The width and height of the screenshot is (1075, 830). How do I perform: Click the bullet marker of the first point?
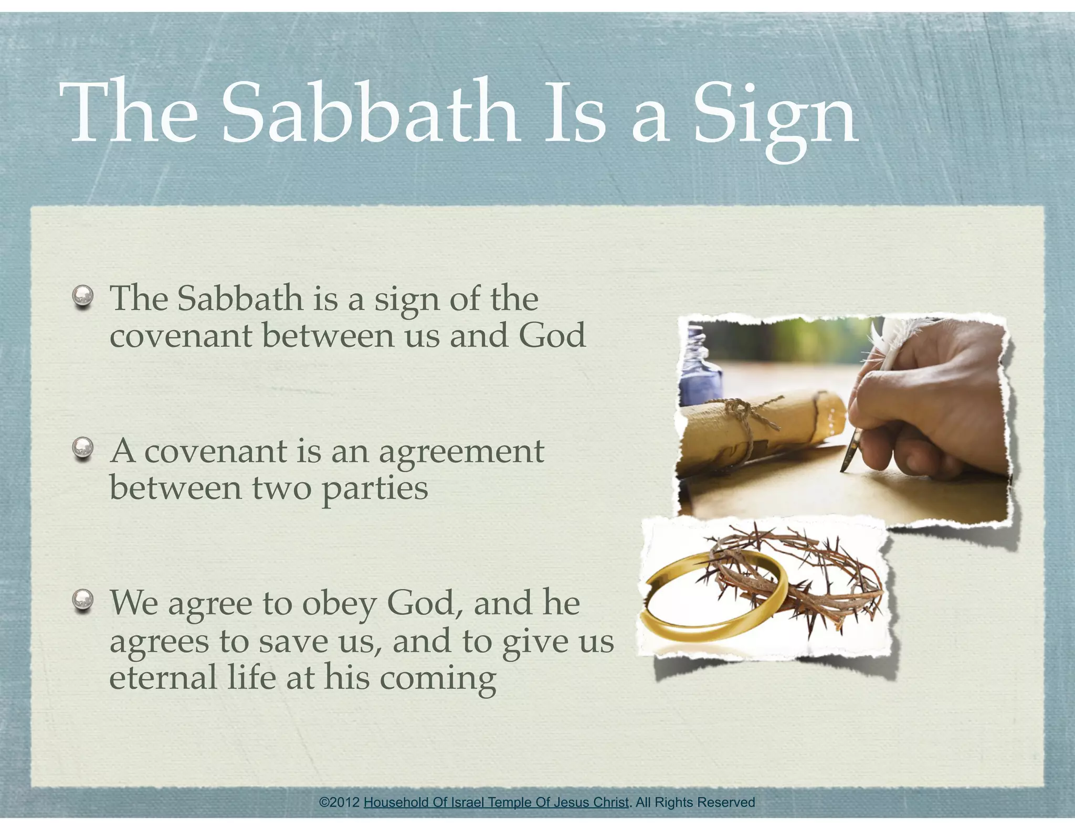[x=83, y=297]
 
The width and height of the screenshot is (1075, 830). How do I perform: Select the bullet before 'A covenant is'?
[x=83, y=449]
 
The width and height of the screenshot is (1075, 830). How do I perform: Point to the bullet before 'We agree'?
[x=83, y=601]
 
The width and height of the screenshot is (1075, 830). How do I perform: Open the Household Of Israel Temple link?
[x=496, y=802]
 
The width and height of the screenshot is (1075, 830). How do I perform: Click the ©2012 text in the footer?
[x=340, y=802]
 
